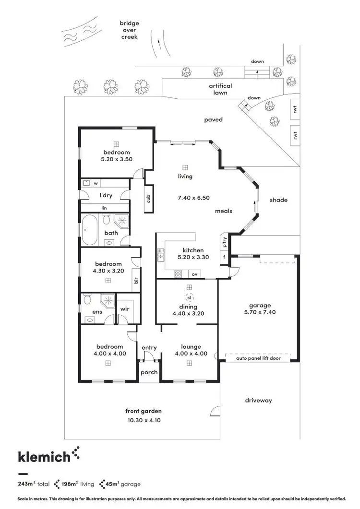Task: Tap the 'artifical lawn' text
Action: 220,89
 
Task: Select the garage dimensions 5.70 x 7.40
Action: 260,312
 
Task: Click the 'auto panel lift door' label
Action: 259,358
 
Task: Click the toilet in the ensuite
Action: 87,300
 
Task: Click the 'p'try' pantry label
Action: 224,242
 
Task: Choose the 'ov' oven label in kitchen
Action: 194,274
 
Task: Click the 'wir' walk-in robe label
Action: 124,309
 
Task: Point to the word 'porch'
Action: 149,372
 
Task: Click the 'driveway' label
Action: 258,400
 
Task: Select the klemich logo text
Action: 44,457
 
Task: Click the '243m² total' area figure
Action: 34,484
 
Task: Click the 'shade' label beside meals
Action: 278,200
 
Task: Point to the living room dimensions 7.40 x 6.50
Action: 193,197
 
